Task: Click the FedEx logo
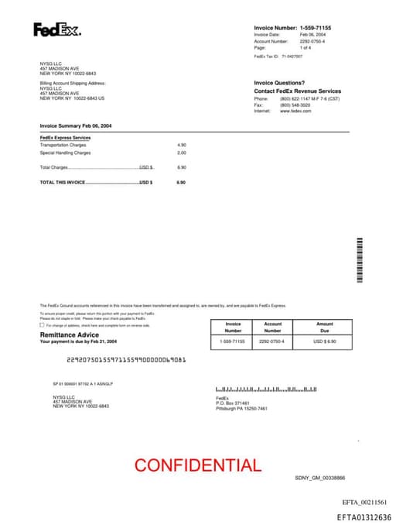click(56, 30)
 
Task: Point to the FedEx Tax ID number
click(292, 57)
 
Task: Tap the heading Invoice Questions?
click(279, 83)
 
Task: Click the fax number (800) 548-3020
click(295, 105)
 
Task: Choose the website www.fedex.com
click(295, 111)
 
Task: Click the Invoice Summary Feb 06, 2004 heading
click(76, 125)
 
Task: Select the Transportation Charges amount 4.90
click(182, 145)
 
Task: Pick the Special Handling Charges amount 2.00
click(182, 153)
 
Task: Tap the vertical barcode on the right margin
click(360, 259)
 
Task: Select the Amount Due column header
click(325, 327)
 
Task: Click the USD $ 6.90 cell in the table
click(325, 341)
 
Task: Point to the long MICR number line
click(126, 359)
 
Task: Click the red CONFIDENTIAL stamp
click(198, 465)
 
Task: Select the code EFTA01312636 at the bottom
click(364, 517)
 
